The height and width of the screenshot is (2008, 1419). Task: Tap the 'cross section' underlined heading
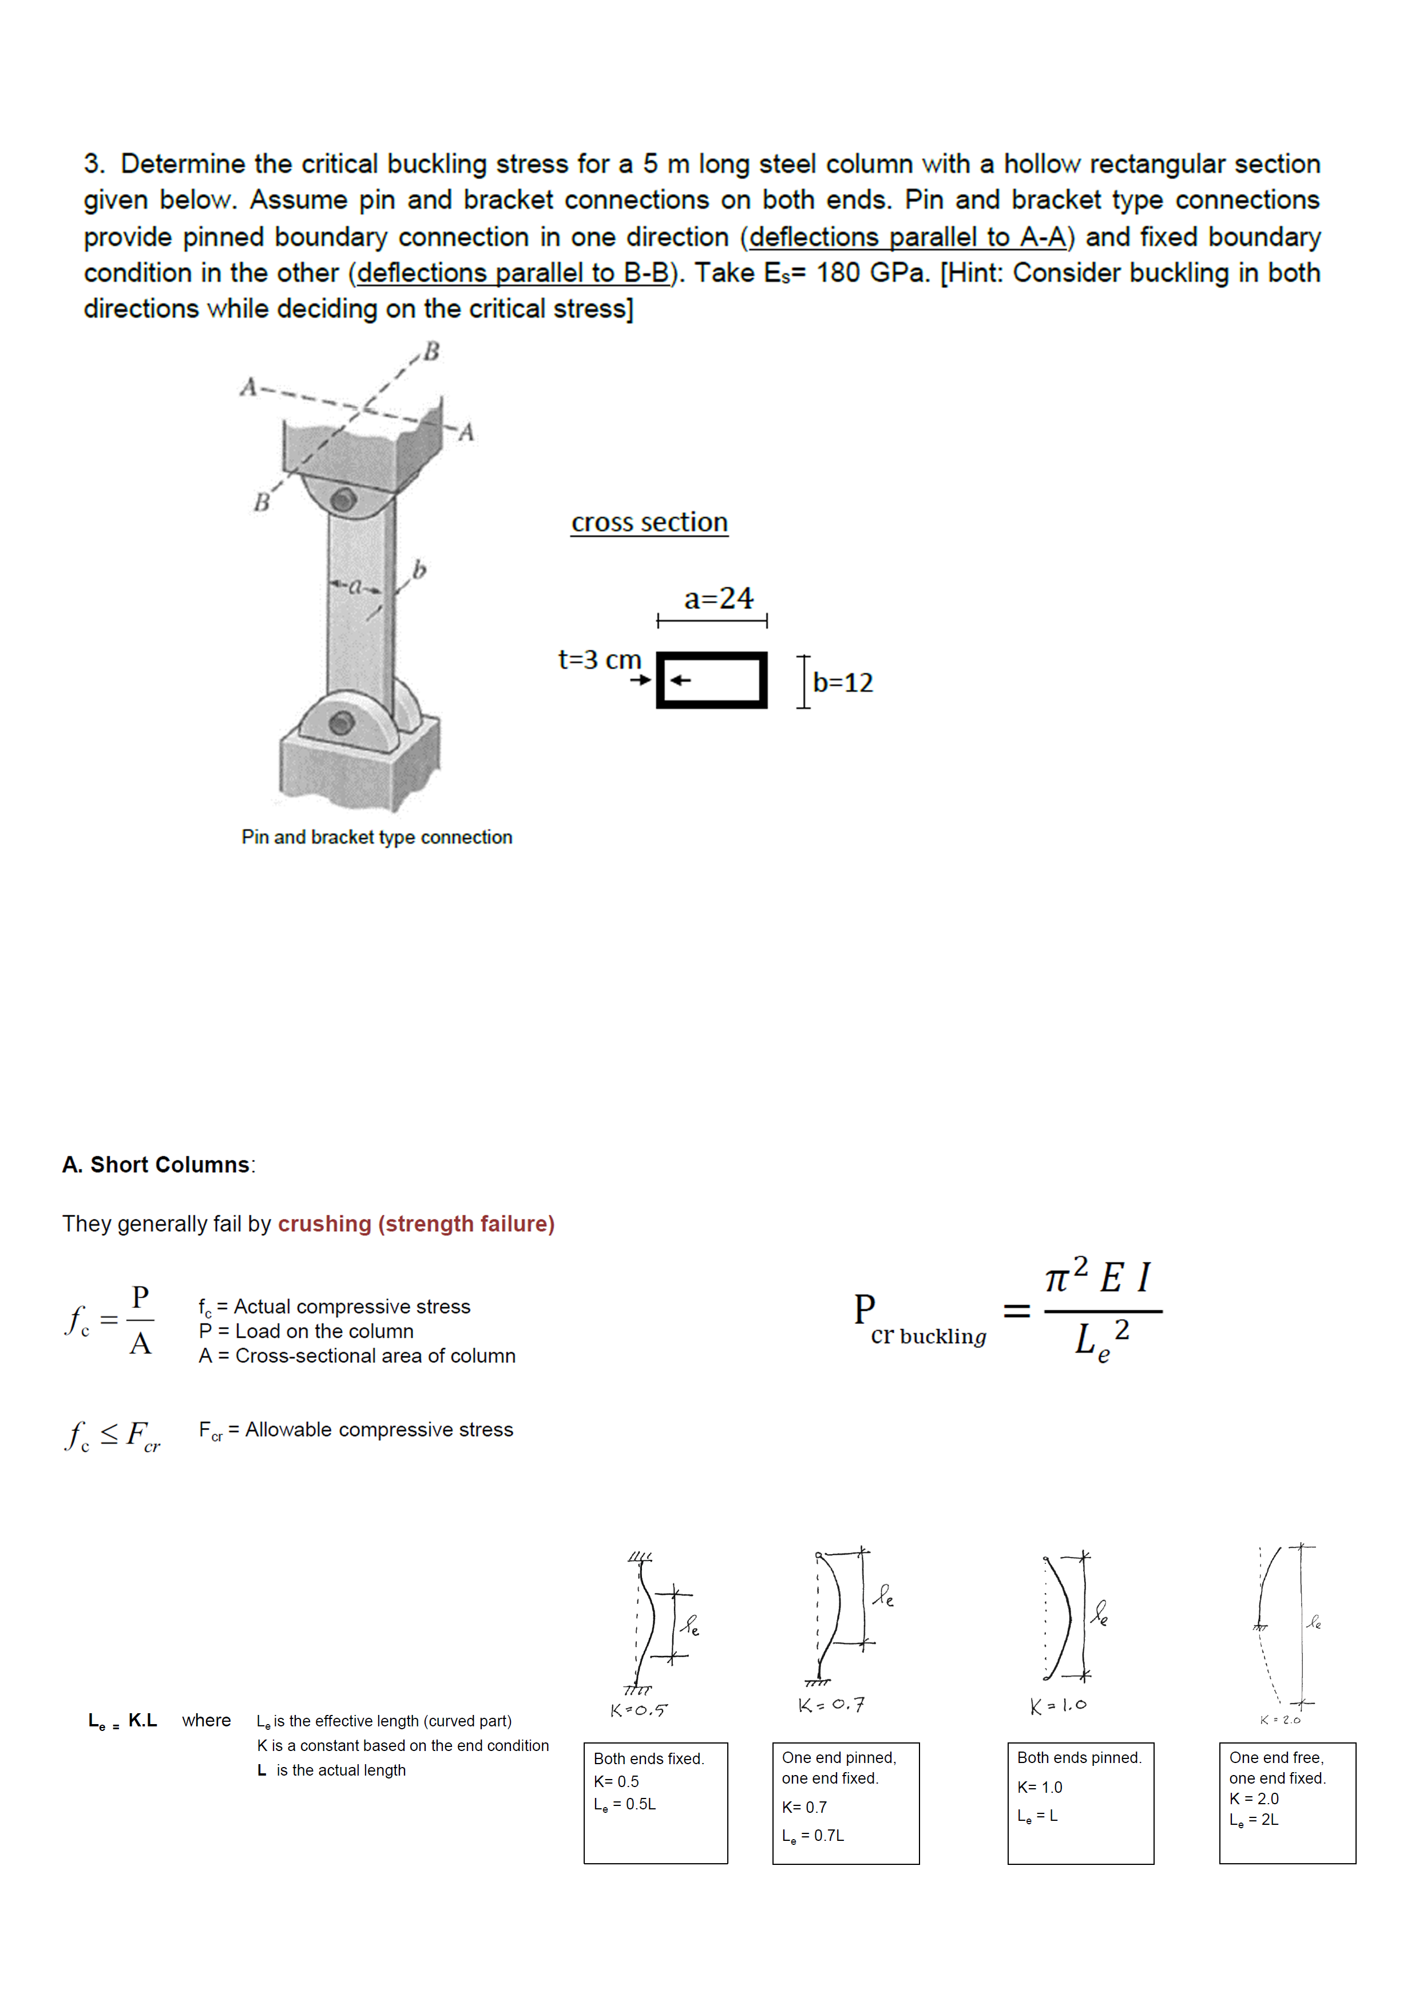click(x=649, y=522)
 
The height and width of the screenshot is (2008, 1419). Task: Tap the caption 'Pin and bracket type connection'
click(x=377, y=837)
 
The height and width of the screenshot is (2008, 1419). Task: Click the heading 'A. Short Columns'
click(x=158, y=1164)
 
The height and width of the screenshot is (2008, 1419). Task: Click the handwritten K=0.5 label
click(x=638, y=1710)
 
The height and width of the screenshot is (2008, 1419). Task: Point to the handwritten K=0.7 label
click(x=831, y=1705)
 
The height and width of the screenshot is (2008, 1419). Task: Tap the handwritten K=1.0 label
click(x=1058, y=1705)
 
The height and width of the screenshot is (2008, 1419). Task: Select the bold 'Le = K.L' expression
click(x=122, y=1721)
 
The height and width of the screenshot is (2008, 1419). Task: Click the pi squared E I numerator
click(x=1100, y=1278)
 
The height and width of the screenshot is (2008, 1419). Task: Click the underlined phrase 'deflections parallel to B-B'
click(x=513, y=273)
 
